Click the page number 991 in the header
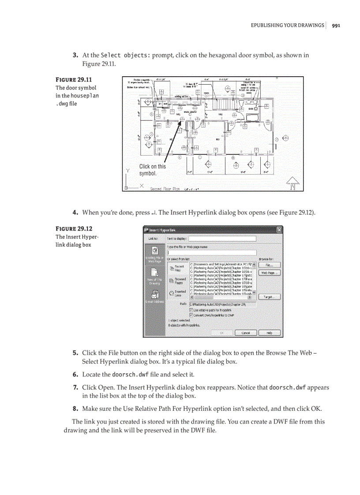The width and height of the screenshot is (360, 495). tap(336, 25)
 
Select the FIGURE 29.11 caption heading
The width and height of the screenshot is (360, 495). tap(73, 80)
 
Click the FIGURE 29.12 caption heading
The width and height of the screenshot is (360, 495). tap(73, 229)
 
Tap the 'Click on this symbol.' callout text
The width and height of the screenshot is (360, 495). tap(153, 170)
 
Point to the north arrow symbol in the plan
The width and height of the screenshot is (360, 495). tap(292, 184)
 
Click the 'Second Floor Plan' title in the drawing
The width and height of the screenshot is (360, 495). tap(165, 189)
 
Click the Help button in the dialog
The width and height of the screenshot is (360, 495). tap(269, 333)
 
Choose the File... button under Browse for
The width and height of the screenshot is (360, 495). tap(269, 265)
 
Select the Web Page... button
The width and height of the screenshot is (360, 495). tap(269, 273)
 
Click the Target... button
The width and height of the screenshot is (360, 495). tap(269, 297)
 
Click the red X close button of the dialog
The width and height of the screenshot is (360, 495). tap(279, 230)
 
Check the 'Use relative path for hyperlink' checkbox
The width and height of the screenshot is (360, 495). tap(191, 310)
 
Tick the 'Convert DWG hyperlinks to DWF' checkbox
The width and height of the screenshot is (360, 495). tap(191, 315)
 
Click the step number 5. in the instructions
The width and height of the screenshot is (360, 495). tap(75, 353)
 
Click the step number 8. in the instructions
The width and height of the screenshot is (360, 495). tap(75, 409)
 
